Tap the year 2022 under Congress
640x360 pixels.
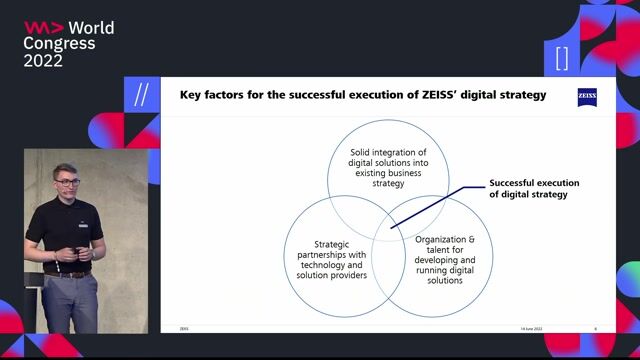44,61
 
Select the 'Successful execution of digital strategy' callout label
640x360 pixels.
534,189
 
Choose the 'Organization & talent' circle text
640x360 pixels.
438,260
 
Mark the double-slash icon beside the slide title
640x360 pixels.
141,94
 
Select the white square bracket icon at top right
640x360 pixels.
562,58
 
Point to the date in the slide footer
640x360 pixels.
532,328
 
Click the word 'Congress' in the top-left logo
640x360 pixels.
60,44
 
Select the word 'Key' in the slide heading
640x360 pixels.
190,96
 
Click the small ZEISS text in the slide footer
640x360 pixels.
183,328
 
